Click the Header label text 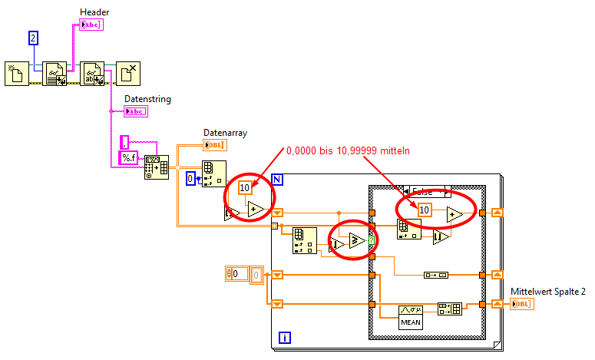[94, 12]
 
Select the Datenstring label [147, 99]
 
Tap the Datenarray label [225, 133]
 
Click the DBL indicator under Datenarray [214, 145]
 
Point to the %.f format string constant [128, 158]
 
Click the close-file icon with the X [129, 74]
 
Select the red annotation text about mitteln [348, 151]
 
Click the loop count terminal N [278, 180]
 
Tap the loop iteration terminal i [285, 337]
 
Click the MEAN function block [410, 316]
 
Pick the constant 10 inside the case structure [425, 210]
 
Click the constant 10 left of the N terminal [245, 187]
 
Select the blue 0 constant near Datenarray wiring [192, 178]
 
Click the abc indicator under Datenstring [135, 111]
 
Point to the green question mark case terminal [372, 241]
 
